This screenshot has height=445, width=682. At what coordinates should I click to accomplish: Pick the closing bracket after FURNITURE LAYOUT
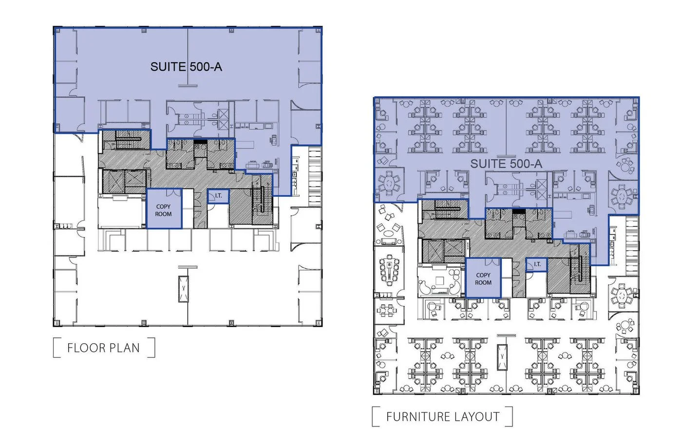tap(510, 416)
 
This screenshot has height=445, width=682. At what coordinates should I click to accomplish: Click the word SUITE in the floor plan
tap(168, 67)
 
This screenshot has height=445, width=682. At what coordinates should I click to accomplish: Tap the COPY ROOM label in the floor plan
tap(164, 210)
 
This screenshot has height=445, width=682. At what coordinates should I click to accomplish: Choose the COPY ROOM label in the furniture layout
tap(483, 279)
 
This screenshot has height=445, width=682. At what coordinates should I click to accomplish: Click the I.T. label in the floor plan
tap(218, 196)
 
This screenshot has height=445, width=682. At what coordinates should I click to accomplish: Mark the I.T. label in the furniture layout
tap(537, 264)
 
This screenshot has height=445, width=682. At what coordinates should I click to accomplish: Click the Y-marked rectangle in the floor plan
tap(183, 289)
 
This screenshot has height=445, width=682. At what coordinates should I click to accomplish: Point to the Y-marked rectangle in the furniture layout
tap(502, 357)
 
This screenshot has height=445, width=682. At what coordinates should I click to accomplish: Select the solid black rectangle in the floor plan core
tap(200, 142)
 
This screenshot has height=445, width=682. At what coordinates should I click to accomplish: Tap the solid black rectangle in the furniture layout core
tap(519, 211)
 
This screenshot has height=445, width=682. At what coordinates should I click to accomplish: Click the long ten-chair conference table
tap(389, 270)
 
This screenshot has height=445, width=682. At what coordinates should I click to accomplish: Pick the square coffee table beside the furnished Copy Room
tap(439, 280)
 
